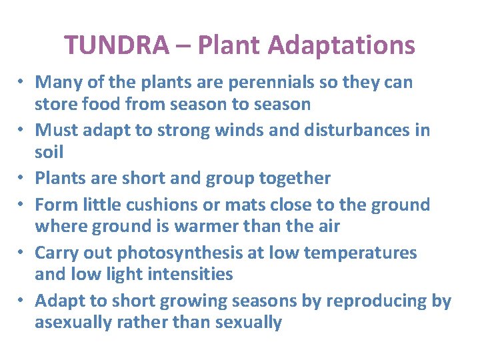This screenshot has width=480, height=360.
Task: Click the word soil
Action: click(49, 153)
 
